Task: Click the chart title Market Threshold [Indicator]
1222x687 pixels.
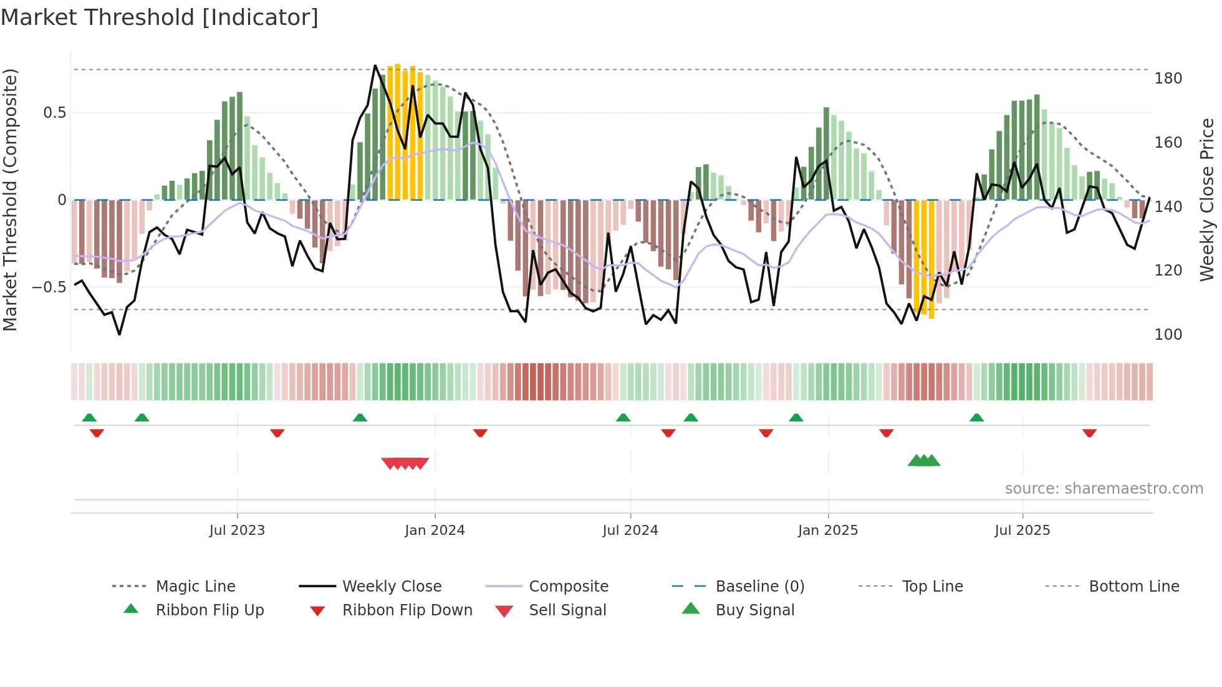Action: click(160, 17)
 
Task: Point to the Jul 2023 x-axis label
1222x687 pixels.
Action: click(237, 531)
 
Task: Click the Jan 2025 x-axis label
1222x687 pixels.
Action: click(828, 531)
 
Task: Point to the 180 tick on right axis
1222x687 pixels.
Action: click(1168, 79)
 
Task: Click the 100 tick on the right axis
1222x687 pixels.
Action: click(1168, 335)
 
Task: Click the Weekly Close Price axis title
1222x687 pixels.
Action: click(1207, 199)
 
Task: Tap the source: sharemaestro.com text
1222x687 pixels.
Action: click(1104, 489)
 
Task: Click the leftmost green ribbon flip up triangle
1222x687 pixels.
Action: click(89, 418)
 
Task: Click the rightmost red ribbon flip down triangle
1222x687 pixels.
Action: click(1089, 433)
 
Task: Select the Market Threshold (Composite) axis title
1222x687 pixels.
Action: click(10, 199)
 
